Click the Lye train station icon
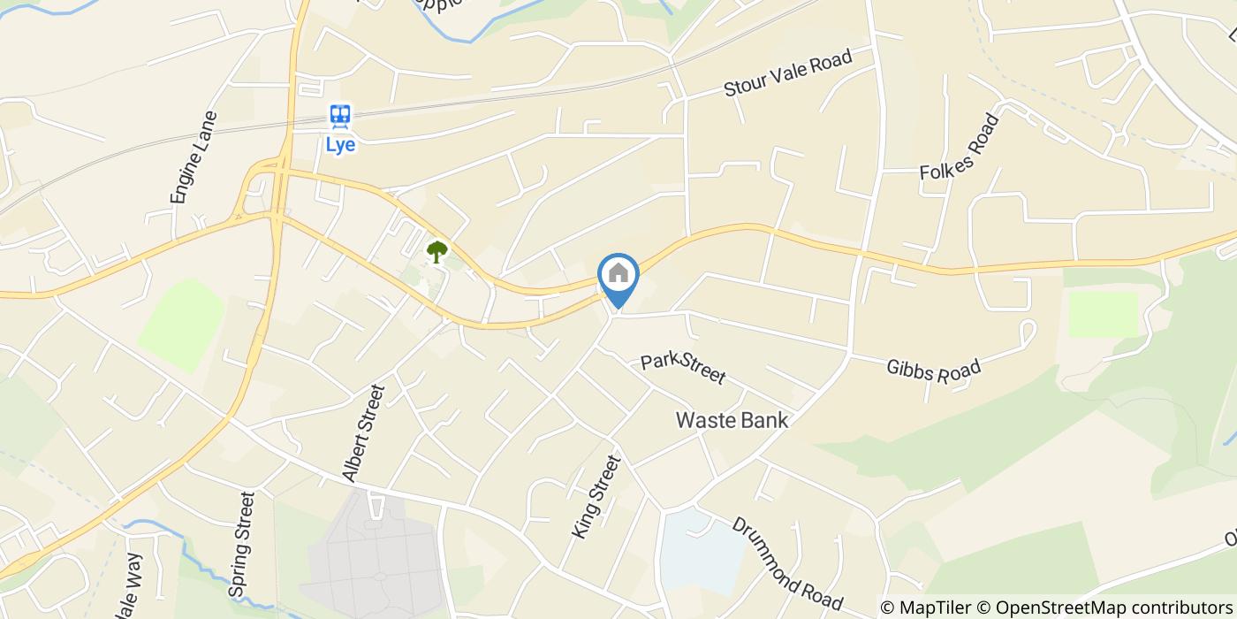[340, 116]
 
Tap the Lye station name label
[340, 145]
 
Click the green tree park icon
[436, 252]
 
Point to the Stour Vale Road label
[787, 73]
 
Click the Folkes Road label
[960, 147]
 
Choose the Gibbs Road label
[934, 370]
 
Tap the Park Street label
[683, 369]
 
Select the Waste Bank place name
[732, 421]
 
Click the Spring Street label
[241, 543]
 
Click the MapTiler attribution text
[926, 607]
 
